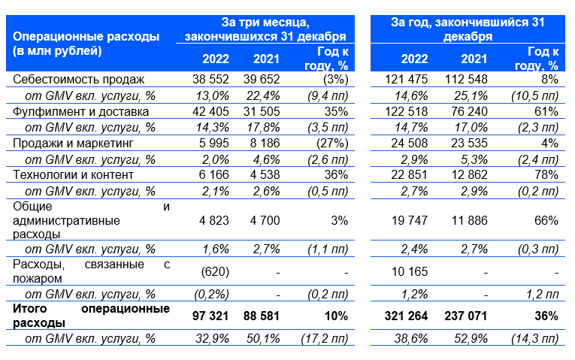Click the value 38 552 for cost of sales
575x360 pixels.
coord(210,79)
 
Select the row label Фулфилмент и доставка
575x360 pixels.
coord(80,111)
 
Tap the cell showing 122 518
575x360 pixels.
coord(407,111)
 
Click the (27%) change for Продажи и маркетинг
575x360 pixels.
coord(332,143)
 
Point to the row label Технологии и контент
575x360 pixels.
coord(73,175)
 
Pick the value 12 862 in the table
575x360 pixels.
coord(469,175)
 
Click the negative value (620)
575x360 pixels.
coord(215,271)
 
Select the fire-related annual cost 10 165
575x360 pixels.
coord(410,271)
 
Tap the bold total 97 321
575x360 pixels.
coord(210,316)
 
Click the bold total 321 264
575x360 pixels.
coord(407,316)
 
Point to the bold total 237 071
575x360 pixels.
coord(466,316)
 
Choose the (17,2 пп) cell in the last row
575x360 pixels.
coord(325,339)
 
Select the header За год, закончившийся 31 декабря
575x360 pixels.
coord(468,29)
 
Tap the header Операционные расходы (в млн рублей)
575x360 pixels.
coord(86,44)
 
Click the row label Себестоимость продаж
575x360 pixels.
coord(78,79)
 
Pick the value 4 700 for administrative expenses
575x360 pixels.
coord(265,220)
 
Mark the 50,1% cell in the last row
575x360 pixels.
coord(263,339)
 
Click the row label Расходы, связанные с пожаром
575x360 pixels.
coord(91,271)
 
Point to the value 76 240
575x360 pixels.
coord(469,111)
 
